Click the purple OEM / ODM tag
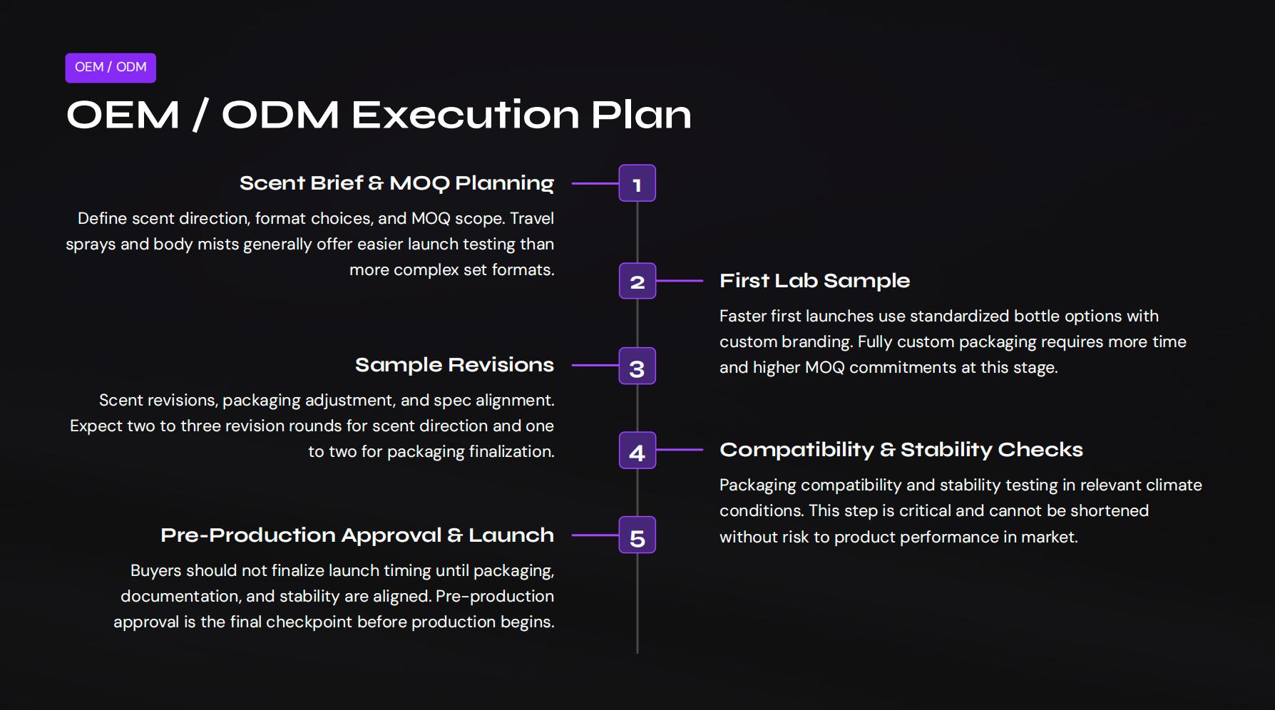pyautogui.click(x=111, y=68)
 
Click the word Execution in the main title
pyautogui.click(x=465, y=115)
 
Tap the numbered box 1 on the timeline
pyautogui.click(x=637, y=184)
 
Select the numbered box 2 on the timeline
pyautogui.click(x=637, y=282)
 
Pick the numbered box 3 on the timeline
pyautogui.click(x=637, y=366)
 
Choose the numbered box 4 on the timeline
pyautogui.click(x=637, y=451)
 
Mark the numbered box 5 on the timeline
pyautogui.click(x=637, y=535)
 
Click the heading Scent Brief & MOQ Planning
pyautogui.click(x=396, y=183)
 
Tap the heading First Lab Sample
pyautogui.click(x=814, y=281)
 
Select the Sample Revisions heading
pyautogui.click(x=454, y=365)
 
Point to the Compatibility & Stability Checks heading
pyautogui.click(x=901, y=450)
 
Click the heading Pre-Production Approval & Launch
pyautogui.click(x=357, y=535)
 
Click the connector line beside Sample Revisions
pyautogui.click(x=595, y=365)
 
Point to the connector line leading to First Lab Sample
pyautogui.click(x=680, y=281)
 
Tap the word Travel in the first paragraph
pyautogui.click(x=531, y=218)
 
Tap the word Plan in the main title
pyautogui.click(x=640, y=115)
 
